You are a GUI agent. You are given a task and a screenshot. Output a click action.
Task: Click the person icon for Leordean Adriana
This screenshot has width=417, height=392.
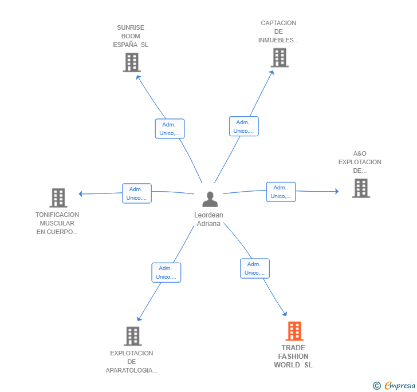tap(210, 199)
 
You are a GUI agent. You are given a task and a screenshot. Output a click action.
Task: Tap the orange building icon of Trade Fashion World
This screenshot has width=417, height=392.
tap(294, 331)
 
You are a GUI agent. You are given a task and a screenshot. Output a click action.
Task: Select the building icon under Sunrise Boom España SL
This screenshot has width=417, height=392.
tap(132, 62)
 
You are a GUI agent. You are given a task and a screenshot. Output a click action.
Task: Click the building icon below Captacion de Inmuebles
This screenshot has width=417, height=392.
tap(280, 58)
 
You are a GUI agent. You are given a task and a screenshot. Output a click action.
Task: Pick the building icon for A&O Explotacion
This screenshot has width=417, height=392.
tap(361, 188)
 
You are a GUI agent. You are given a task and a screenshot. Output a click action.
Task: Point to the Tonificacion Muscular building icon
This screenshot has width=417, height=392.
tap(58, 198)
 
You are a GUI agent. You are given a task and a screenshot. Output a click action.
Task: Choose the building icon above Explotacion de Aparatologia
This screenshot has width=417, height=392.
tap(133, 336)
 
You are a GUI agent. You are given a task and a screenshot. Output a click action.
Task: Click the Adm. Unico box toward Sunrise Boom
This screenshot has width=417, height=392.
tap(170, 129)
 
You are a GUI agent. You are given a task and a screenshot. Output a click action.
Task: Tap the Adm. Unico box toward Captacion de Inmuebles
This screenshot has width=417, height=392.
tap(244, 126)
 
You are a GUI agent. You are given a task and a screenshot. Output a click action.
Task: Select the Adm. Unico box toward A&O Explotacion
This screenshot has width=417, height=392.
tap(281, 192)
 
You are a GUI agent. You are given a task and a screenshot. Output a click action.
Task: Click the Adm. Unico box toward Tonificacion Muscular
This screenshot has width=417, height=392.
tap(137, 193)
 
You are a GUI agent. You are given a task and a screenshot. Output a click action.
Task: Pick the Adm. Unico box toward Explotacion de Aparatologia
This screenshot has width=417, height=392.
tap(166, 272)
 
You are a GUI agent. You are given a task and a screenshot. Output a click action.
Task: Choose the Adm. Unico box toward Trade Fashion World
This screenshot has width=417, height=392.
tap(255, 268)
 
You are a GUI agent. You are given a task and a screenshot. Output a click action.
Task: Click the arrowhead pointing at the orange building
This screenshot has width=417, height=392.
tap(285, 314)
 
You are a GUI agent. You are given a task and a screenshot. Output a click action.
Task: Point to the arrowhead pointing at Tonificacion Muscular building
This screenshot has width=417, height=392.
tap(81, 194)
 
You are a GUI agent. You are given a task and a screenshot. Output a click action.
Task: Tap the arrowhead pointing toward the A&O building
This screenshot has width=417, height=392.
tap(337, 191)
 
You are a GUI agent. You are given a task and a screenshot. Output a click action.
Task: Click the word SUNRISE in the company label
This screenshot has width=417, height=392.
tap(131, 27)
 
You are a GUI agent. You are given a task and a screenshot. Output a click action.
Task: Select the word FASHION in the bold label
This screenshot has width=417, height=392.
tap(293, 357)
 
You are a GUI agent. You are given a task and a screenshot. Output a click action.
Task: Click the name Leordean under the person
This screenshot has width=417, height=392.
tap(208, 215)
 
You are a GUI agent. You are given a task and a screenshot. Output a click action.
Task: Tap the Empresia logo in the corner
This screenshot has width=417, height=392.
tap(394, 385)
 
